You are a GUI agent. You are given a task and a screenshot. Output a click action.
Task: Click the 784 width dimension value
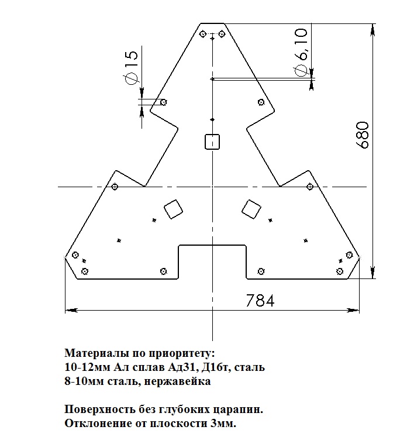(260, 300)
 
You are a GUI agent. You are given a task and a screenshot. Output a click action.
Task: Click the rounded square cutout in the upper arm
(212, 141)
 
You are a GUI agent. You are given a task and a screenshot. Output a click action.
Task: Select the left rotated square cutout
(173, 209)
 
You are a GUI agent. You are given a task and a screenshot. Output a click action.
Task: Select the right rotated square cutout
(251, 208)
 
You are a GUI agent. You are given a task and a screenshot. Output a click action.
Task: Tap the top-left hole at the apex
(202, 34)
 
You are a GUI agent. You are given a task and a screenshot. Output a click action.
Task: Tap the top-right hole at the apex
(222, 34)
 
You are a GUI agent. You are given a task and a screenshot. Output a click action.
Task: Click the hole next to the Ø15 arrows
(163, 102)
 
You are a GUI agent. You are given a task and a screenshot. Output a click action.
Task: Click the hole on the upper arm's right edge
(261, 102)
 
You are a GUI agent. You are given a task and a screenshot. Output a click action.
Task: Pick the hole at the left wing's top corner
(115, 187)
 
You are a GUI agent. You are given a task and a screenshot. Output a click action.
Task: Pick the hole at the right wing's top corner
(309, 187)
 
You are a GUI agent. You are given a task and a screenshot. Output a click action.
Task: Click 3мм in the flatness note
(222, 423)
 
